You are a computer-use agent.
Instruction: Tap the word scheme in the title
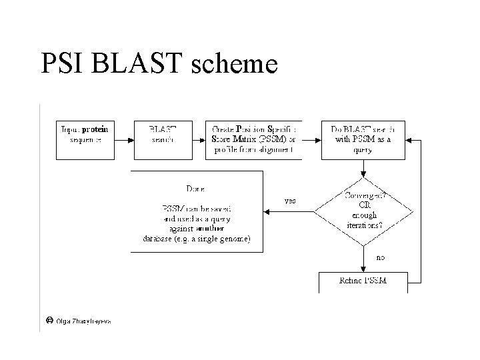tap(234, 65)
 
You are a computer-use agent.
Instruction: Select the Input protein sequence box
tap(85, 139)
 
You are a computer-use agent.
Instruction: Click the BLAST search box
tap(163, 139)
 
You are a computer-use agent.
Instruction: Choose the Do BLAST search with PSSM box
tap(363, 139)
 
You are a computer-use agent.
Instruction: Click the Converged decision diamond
tap(363, 211)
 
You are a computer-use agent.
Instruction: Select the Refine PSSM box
tap(363, 282)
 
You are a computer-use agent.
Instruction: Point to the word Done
tap(197, 189)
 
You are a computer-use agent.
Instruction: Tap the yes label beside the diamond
tap(291, 201)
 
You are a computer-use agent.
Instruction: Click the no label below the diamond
tap(381, 257)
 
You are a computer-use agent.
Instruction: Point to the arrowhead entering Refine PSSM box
tap(363, 269)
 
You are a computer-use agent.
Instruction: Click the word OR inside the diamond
tap(364, 205)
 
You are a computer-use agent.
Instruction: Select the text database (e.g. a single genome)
tap(197, 239)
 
